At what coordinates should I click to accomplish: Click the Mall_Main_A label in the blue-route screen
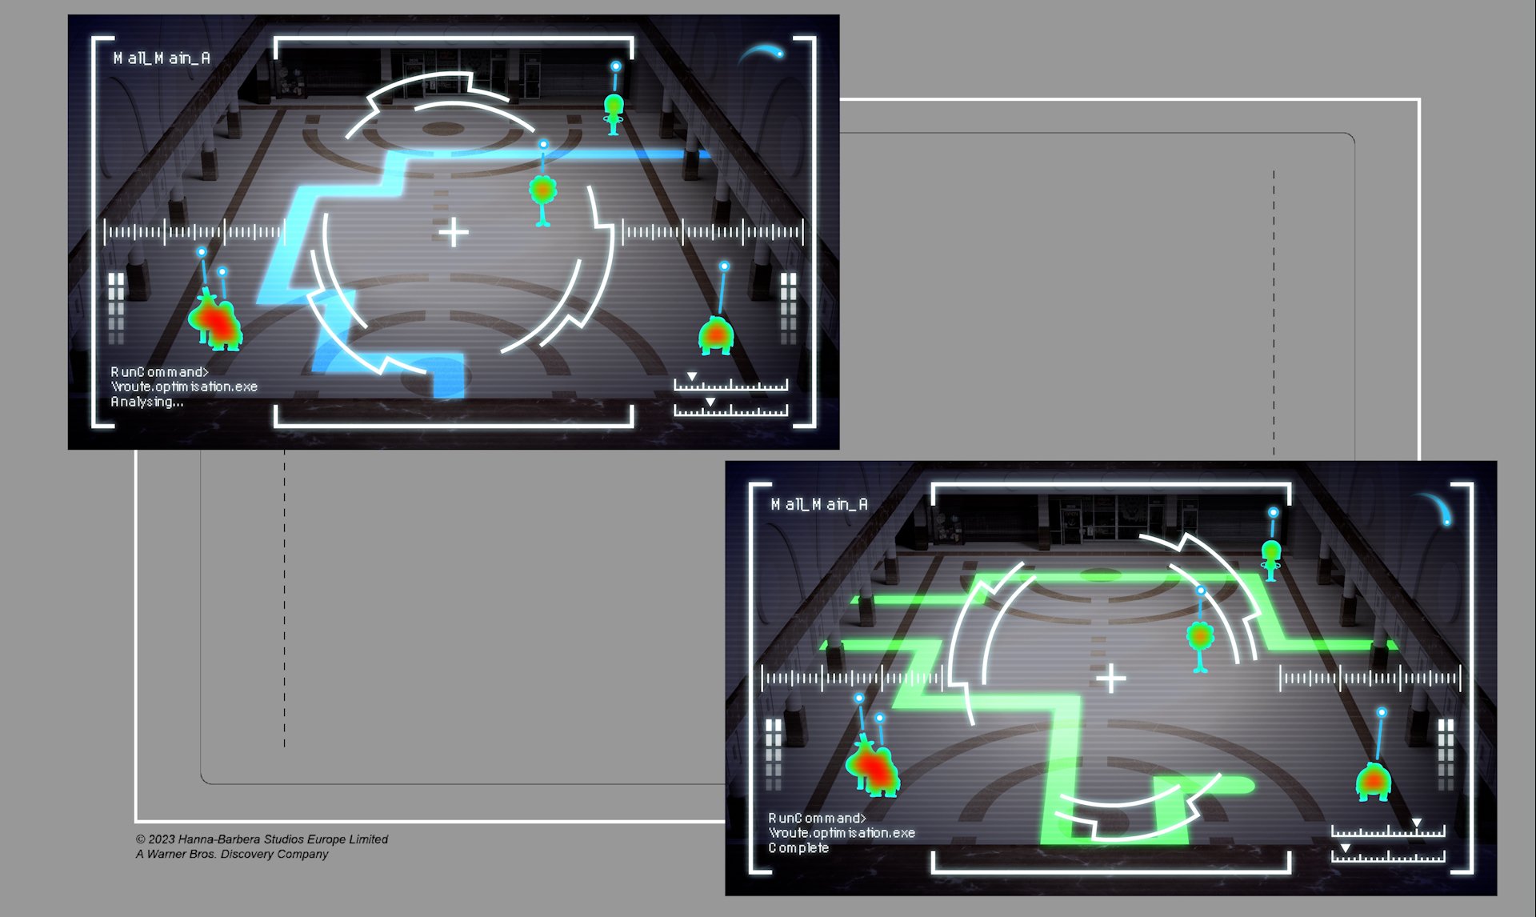point(162,58)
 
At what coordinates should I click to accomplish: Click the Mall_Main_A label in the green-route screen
point(819,504)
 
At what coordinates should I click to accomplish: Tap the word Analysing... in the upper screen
point(147,402)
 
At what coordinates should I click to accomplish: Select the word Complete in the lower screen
point(798,848)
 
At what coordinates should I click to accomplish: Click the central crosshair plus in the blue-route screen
point(454,233)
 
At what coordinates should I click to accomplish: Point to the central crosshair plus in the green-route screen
point(1111,679)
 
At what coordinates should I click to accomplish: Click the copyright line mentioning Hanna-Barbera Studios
point(262,839)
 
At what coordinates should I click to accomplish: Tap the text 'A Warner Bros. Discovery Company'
point(232,854)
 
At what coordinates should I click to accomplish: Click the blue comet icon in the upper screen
point(761,54)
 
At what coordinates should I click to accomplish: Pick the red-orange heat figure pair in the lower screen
point(873,766)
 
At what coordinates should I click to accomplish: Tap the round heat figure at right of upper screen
point(716,335)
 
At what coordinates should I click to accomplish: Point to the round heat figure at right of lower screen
point(1374,782)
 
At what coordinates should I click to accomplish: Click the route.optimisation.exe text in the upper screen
point(184,386)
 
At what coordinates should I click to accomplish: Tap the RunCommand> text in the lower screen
point(817,818)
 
